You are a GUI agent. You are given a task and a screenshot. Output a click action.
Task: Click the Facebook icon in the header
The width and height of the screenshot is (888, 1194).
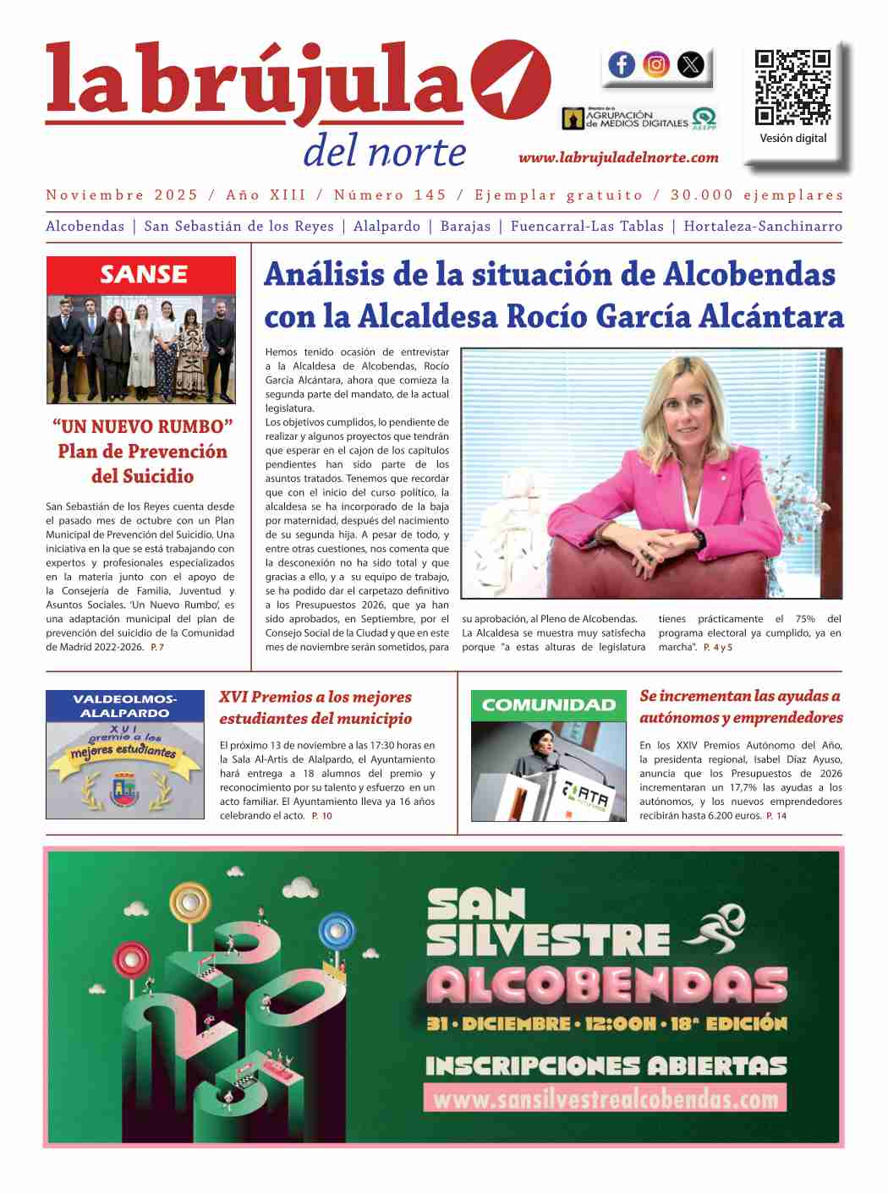pyautogui.click(x=622, y=64)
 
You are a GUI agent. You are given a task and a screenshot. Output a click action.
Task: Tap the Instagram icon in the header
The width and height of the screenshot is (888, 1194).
pyautogui.click(x=656, y=64)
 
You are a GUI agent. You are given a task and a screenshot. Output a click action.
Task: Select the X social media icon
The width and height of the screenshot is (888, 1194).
pyautogui.click(x=691, y=64)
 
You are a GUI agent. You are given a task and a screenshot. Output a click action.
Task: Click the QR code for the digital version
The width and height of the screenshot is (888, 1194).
pyautogui.click(x=792, y=88)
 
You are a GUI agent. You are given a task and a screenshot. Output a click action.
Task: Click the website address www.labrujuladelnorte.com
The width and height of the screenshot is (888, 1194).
pyautogui.click(x=618, y=157)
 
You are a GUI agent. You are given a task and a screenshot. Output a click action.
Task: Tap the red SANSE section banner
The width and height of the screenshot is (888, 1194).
pyautogui.click(x=141, y=275)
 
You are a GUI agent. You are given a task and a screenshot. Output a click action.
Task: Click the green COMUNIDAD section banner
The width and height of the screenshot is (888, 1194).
pyautogui.click(x=549, y=705)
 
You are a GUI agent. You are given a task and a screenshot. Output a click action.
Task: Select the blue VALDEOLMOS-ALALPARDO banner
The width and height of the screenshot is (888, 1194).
pyautogui.click(x=125, y=706)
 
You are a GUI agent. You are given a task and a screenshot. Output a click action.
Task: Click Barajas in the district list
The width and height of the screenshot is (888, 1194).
pyautogui.click(x=465, y=227)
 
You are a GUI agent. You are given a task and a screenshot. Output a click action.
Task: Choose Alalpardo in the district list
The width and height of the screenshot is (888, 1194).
pyautogui.click(x=386, y=227)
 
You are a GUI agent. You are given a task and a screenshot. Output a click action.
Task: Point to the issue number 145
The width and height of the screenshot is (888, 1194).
pyautogui.click(x=430, y=195)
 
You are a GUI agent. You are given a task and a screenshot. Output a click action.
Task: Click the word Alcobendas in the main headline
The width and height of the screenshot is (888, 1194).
pyautogui.click(x=749, y=275)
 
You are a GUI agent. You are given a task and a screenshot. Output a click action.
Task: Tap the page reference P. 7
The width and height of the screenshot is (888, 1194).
pyautogui.click(x=157, y=648)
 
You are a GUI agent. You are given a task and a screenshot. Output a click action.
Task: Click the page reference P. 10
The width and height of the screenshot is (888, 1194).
pyautogui.click(x=321, y=816)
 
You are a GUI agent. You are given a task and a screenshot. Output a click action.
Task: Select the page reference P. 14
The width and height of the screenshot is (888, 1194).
pyautogui.click(x=776, y=816)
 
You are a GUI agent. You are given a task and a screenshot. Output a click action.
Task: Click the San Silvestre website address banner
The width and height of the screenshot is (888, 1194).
pyautogui.click(x=606, y=1098)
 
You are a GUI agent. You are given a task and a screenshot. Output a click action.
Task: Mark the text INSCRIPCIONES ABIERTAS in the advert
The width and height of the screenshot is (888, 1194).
pyautogui.click(x=606, y=1065)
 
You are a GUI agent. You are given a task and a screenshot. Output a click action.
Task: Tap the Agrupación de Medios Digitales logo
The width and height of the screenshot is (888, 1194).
pyautogui.click(x=639, y=118)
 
